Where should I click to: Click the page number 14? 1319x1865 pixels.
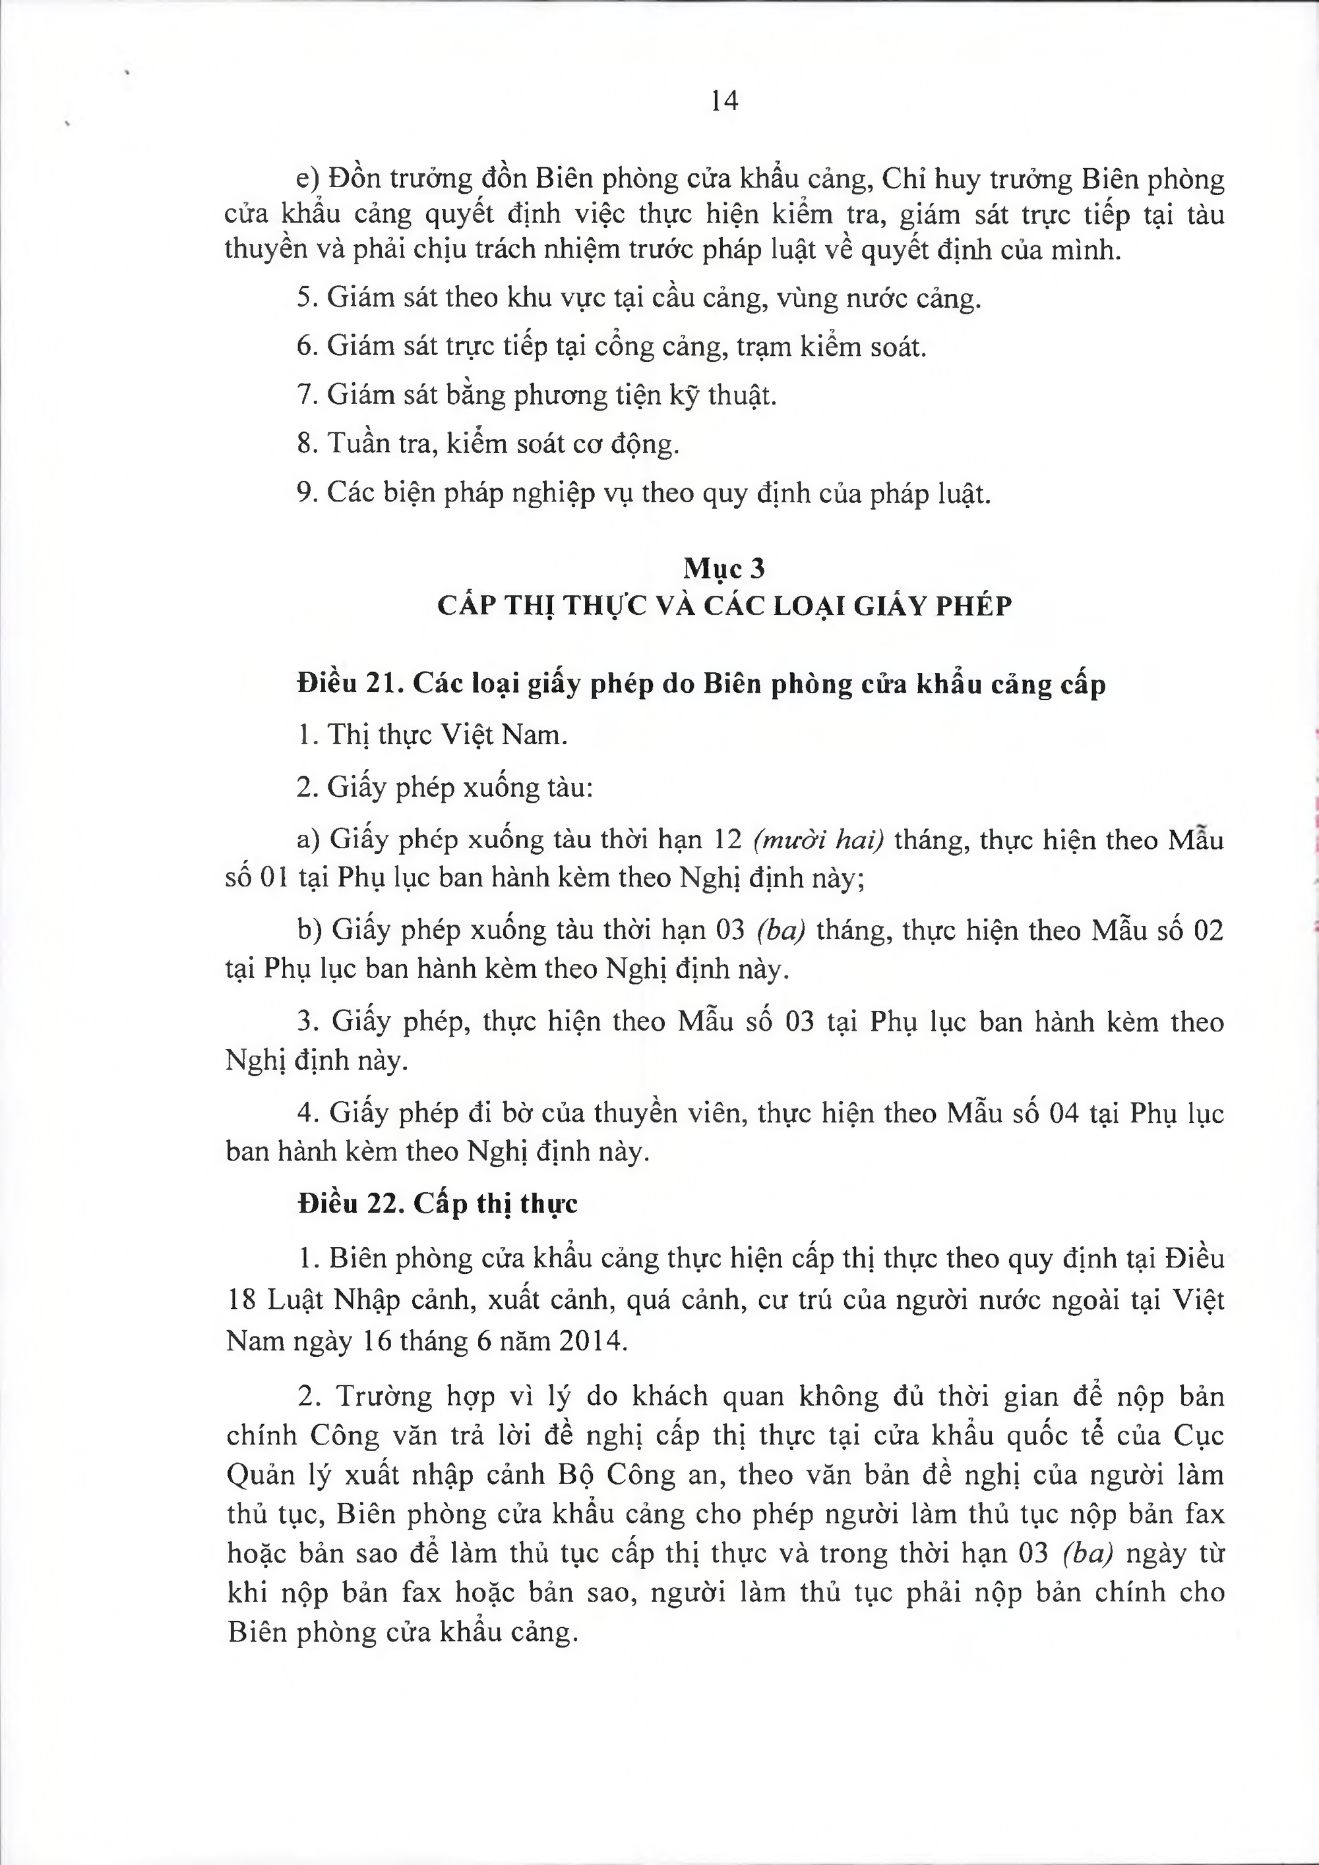[723, 101]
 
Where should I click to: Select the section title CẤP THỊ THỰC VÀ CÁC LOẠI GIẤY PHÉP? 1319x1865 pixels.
[724, 606]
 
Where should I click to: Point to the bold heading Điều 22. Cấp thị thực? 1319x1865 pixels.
[437, 1203]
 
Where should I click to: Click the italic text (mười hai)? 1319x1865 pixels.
[818, 839]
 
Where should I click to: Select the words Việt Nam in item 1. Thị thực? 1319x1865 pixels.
[504, 735]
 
